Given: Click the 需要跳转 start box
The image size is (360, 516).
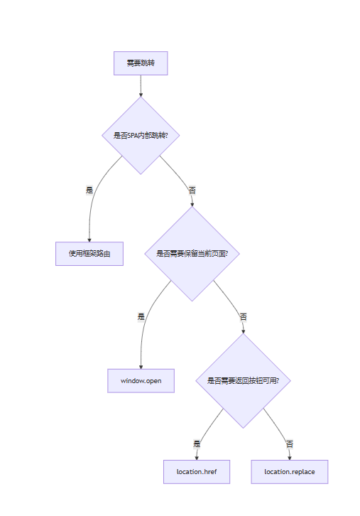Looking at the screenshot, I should [141, 63].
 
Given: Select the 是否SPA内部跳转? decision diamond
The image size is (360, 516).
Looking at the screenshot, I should [141, 135].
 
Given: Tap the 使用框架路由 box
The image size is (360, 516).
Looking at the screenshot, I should [89, 253].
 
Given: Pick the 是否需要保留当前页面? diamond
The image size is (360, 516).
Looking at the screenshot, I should [191, 253].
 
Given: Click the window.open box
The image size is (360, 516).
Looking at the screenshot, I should [141, 381].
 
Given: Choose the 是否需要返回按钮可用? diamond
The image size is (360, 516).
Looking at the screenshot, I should [243, 381].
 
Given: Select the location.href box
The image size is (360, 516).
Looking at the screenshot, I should [197, 472].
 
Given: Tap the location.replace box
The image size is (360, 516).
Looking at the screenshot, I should [289, 472].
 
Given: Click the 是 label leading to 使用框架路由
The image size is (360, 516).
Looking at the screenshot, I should [89, 190].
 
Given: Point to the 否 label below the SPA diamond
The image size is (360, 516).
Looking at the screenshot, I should [192, 190].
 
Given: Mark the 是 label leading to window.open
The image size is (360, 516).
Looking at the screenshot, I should [141, 316].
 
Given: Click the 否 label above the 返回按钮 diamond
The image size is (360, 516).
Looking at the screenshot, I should [243, 316].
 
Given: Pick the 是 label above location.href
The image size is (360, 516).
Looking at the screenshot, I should [197, 444].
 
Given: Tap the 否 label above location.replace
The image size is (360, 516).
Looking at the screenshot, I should [289, 444].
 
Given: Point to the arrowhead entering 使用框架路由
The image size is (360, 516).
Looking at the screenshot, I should [89, 240].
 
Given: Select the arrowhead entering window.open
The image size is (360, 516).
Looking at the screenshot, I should [141, 367].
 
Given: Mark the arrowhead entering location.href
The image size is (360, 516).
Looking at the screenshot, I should [197, 458].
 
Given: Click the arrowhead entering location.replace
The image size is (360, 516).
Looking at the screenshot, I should [289, 458].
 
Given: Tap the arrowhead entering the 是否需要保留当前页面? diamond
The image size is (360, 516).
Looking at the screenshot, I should [192, 204].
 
